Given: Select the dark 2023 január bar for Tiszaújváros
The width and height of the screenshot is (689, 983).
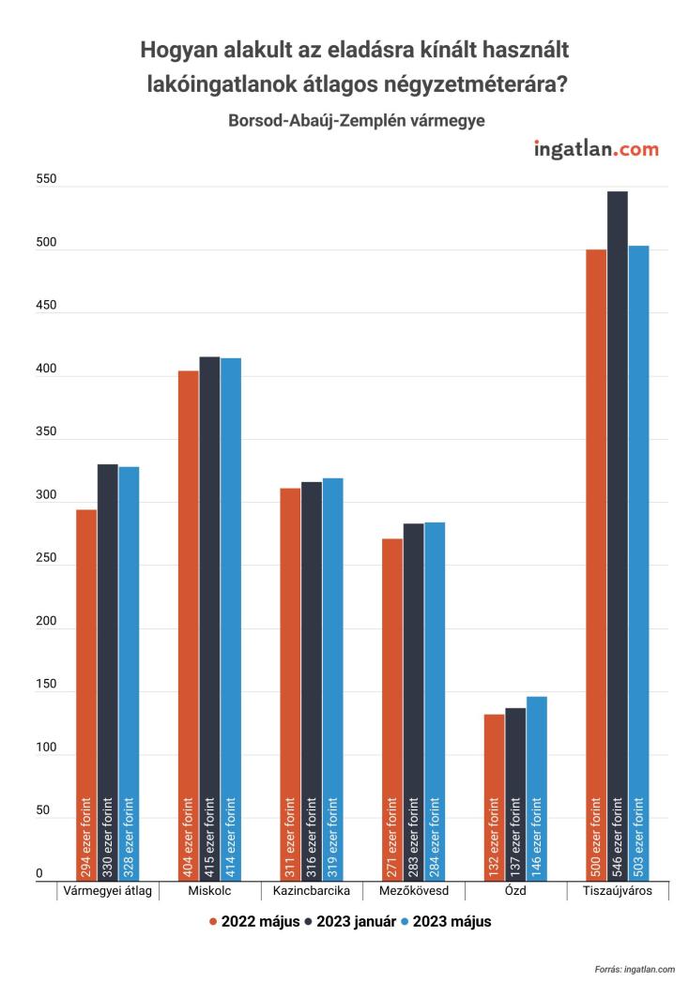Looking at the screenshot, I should tap(617, 536).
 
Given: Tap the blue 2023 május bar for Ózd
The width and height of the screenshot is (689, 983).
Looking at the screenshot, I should tap(536, 788).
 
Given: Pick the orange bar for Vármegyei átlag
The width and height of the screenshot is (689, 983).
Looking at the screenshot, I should tap(86, 695).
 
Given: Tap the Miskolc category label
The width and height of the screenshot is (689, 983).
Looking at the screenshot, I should tap(209, 890).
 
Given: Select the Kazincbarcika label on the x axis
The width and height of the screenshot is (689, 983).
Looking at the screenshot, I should tap(312, 890).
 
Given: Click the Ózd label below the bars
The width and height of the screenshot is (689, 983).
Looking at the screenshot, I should tap(515, 890).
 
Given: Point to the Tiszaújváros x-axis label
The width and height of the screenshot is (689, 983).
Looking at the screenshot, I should tap(618, 890).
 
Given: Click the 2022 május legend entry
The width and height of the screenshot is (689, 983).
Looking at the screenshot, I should tap(253, 921).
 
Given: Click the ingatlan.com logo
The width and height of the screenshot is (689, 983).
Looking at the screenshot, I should tap(595, 149).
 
